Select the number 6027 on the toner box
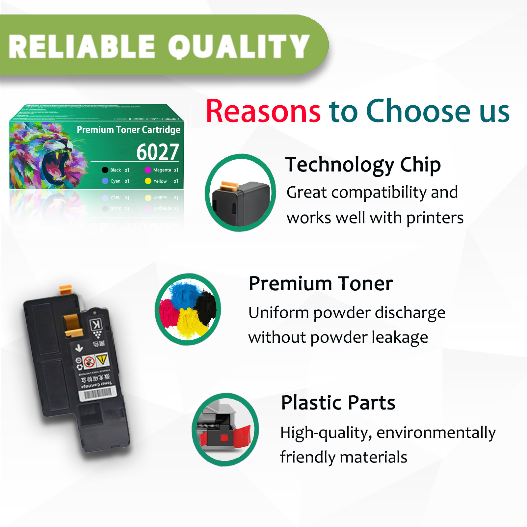click(158, 152)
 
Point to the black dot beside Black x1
click(105, 170)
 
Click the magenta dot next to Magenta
click(148, 170)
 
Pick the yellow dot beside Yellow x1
click(148, 181)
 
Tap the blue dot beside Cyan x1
click(105, 181)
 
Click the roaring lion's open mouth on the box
click(54, 165)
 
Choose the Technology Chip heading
click(363, 165)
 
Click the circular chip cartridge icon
click(241, 193)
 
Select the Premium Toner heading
click(321, 283)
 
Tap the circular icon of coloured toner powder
click(188, 309)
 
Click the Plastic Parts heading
click(338, 403)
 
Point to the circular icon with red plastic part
click(225, 430)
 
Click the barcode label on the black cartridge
click(98, 393)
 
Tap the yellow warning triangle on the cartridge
click(102, 359)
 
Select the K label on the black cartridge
click(96, 325)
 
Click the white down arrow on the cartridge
click(79, 348)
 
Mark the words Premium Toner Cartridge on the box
click(128, 130)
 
